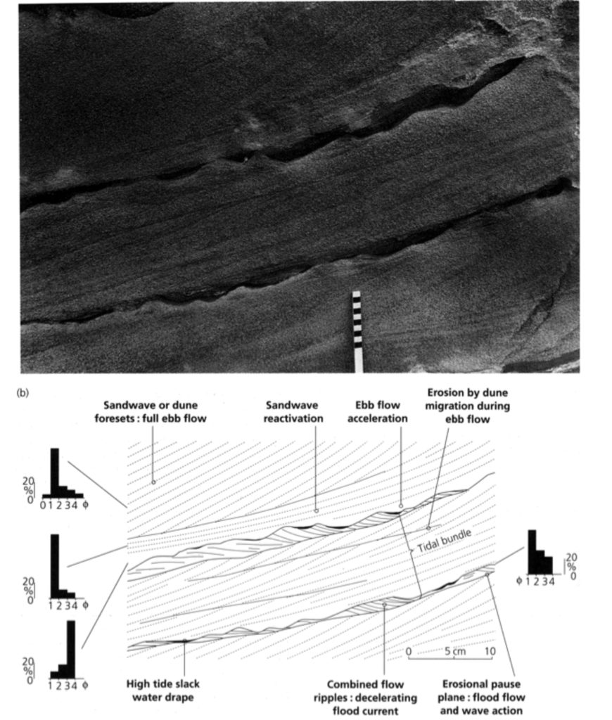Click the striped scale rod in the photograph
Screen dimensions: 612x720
coord(357,332)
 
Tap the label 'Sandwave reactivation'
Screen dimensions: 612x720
coord(293,412)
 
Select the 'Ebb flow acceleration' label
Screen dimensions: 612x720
coord(377,412)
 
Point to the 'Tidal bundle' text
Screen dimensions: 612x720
coord(444,541)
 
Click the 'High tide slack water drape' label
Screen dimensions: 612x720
coord(163,690)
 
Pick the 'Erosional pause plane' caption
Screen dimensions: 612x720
coord(481,697)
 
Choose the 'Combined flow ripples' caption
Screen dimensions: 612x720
coord(365,697)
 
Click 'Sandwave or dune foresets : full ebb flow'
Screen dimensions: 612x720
coord(151,412)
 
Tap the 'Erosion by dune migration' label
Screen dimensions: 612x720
coord(467,406)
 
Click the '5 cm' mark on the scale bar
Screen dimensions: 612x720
coord(454,651)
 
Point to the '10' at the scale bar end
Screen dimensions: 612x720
coord(490,651)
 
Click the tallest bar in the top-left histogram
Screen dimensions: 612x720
coord(54,473)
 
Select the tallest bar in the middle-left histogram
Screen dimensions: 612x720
coord(54,566)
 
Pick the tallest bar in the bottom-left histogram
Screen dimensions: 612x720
coord(71,649)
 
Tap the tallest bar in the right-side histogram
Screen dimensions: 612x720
coord(532,552)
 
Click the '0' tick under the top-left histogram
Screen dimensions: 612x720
coord(43,506)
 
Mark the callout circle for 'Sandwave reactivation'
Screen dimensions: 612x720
coord(316,510)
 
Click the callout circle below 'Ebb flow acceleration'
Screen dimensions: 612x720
coord(401,506)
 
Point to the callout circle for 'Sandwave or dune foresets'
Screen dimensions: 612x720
coord(153,482)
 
